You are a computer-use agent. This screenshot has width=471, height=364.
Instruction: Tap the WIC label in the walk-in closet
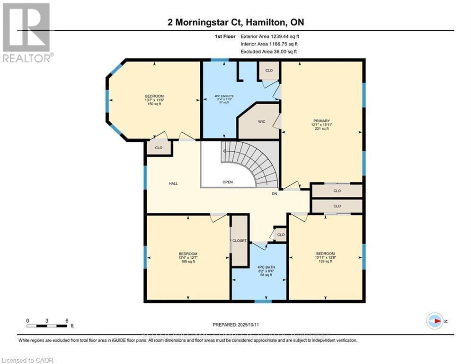[261, 122]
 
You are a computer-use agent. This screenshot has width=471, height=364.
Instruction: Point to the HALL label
[173, 183]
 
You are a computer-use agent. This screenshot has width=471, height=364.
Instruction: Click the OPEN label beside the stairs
[228, 182]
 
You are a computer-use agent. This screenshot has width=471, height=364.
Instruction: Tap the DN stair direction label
[274, 194]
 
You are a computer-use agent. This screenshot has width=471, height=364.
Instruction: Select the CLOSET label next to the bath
[240, 241]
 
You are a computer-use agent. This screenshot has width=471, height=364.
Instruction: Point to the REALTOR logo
[27, 32]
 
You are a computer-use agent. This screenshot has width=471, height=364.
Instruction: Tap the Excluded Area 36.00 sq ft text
[268, 51]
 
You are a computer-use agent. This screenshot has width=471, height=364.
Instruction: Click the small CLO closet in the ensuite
[268, 71]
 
